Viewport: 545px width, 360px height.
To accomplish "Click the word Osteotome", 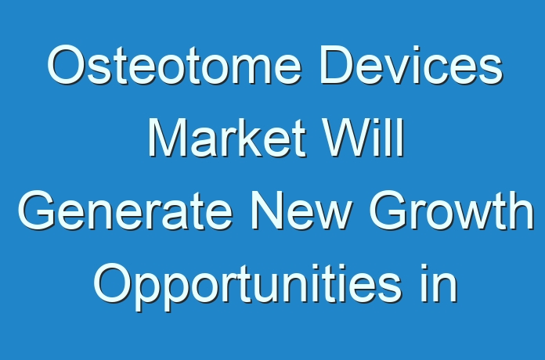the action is click(174, 65).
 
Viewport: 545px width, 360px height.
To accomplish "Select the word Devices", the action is click(411, 65).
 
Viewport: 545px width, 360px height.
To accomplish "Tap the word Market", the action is click(227, 138).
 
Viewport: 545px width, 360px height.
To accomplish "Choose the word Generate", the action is click(125, 211).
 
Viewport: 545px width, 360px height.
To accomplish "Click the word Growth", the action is click(451, 211).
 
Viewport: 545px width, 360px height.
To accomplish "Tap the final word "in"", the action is click(439, 283).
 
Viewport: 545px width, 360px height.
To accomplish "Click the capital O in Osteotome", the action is click(67, 65).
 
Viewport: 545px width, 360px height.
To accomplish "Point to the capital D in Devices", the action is click(337, 65).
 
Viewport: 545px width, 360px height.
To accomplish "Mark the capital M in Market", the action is click(169, 138).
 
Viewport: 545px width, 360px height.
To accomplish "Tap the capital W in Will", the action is click(349, 138).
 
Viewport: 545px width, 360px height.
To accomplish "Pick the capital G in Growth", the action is click(388, 211).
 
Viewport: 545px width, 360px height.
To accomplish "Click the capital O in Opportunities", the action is click(113, 283).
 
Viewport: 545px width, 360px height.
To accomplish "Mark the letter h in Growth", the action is click(521, 211).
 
